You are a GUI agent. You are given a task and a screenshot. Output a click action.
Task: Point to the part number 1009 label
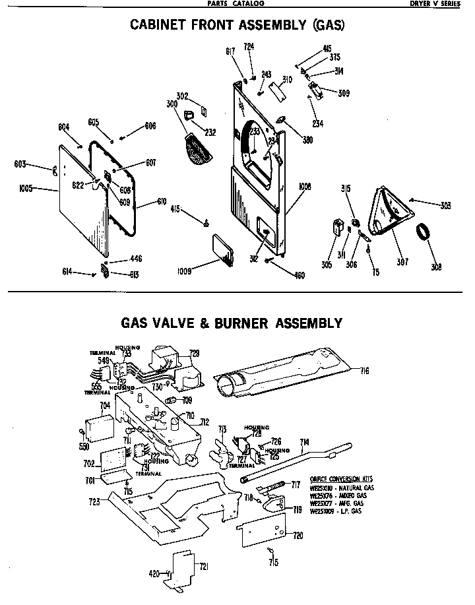[x=185, y=271]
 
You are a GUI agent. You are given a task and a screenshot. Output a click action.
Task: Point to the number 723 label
[x=95, y=502]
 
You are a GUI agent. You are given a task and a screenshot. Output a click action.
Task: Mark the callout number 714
[x=305, y=441]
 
